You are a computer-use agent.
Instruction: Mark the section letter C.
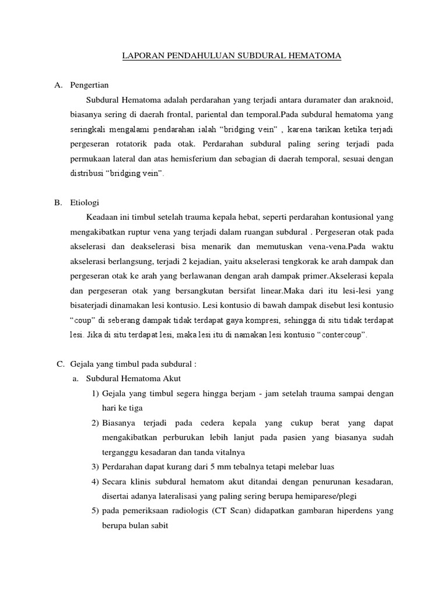point(60,364)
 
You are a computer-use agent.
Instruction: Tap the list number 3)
point(96,466)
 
